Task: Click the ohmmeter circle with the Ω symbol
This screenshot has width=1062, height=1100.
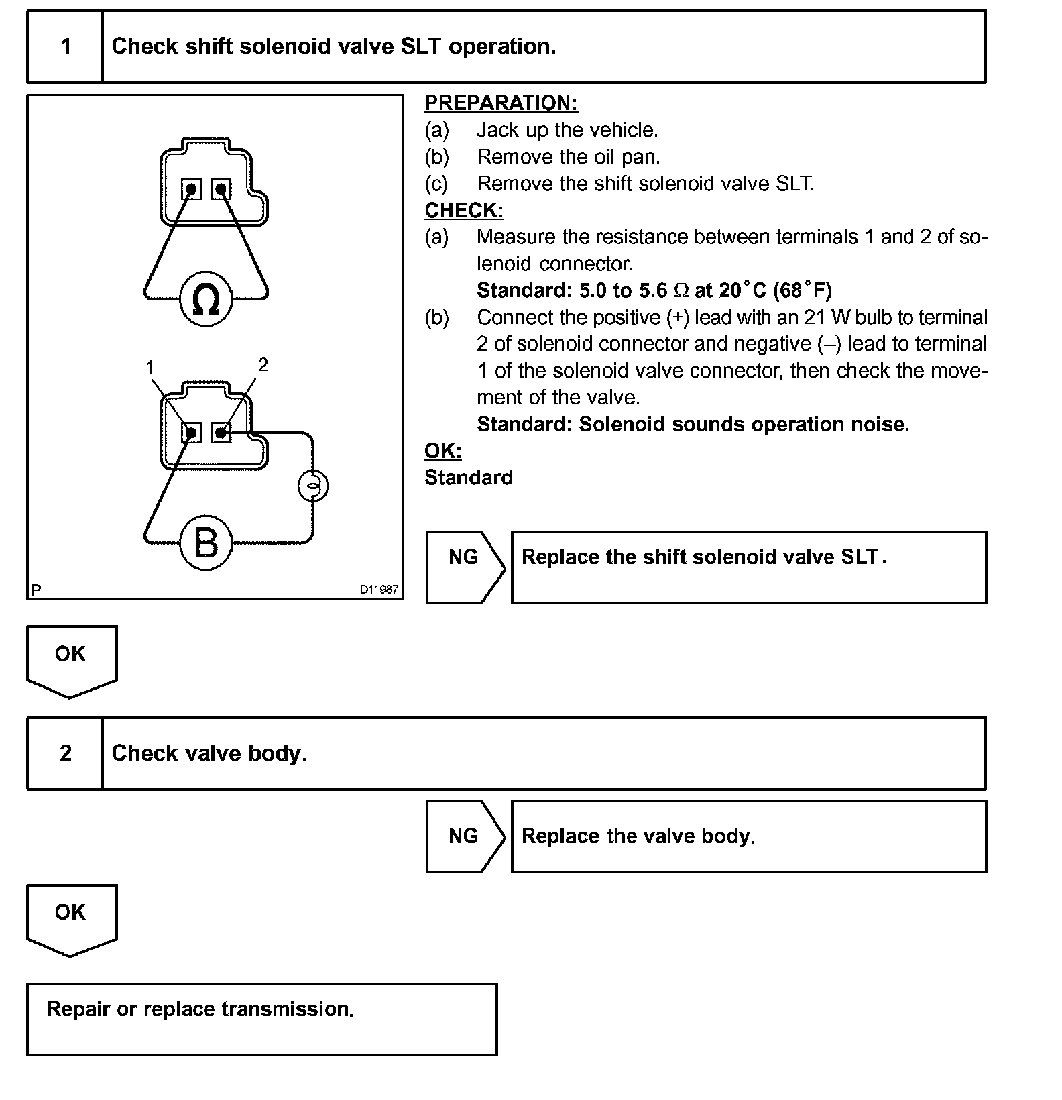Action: [x=206, y=299]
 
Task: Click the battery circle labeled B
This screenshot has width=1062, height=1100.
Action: [x=206, y=543]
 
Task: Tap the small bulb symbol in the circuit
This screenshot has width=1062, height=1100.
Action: [x=312, y=486]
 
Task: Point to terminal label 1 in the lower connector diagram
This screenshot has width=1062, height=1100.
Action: [x=150, y=367]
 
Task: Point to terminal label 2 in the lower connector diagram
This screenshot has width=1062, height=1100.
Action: [x=263, y=364]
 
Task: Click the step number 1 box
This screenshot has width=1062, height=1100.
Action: [x=65, y=46]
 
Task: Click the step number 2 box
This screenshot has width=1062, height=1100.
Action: [x=65, y=753]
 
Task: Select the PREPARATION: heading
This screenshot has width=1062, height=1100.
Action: [x=501, y=103]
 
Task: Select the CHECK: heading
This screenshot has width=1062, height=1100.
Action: [x=464, y=210]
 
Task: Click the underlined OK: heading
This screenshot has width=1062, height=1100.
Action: [x=443, y=451]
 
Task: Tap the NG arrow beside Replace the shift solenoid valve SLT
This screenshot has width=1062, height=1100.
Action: [x=464, y=567]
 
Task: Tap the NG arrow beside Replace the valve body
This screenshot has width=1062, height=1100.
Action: [x=464, y=836]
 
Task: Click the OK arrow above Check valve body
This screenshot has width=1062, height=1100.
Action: [x=71, y=660]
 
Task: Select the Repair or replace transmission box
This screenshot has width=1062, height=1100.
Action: [x=261, y=1019]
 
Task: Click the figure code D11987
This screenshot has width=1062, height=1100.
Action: [x=379, y=590]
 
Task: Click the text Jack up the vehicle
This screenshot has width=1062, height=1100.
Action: [x=567, y=130]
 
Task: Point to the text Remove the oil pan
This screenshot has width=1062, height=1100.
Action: [x=569, y=157]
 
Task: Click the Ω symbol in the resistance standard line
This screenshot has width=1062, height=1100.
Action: [x=681, y=290]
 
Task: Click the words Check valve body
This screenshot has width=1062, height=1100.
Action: [x=209, y=753]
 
